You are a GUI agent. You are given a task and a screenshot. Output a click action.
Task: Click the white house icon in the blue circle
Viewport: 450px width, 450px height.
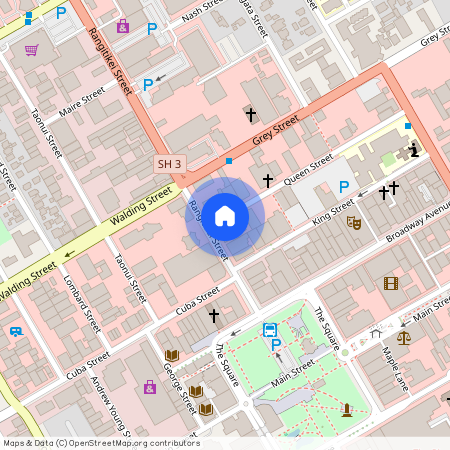click(x=225, y=215)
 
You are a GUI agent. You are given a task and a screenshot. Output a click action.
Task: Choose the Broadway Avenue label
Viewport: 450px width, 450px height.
click(x=419, y=227)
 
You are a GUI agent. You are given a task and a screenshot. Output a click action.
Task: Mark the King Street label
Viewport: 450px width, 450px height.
click(x=333, y=213)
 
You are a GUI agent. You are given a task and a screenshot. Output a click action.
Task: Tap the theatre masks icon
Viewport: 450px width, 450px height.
click(x=353, y=222)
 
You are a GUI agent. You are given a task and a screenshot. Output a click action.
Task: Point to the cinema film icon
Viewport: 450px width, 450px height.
click(x=390, y=283)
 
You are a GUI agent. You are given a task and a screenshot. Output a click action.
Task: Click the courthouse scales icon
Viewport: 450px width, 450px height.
click(x=404, y=337)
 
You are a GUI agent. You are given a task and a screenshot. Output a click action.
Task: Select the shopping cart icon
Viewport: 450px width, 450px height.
click(x=32, y=49)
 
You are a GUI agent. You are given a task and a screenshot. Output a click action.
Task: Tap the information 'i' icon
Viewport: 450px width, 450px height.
click(x=414, y=151)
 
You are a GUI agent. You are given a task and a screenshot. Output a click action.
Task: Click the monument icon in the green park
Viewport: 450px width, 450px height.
click(x=346, y=409)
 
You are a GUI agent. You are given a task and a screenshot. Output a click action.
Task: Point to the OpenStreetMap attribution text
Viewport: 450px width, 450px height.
click(x=101, y=443)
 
